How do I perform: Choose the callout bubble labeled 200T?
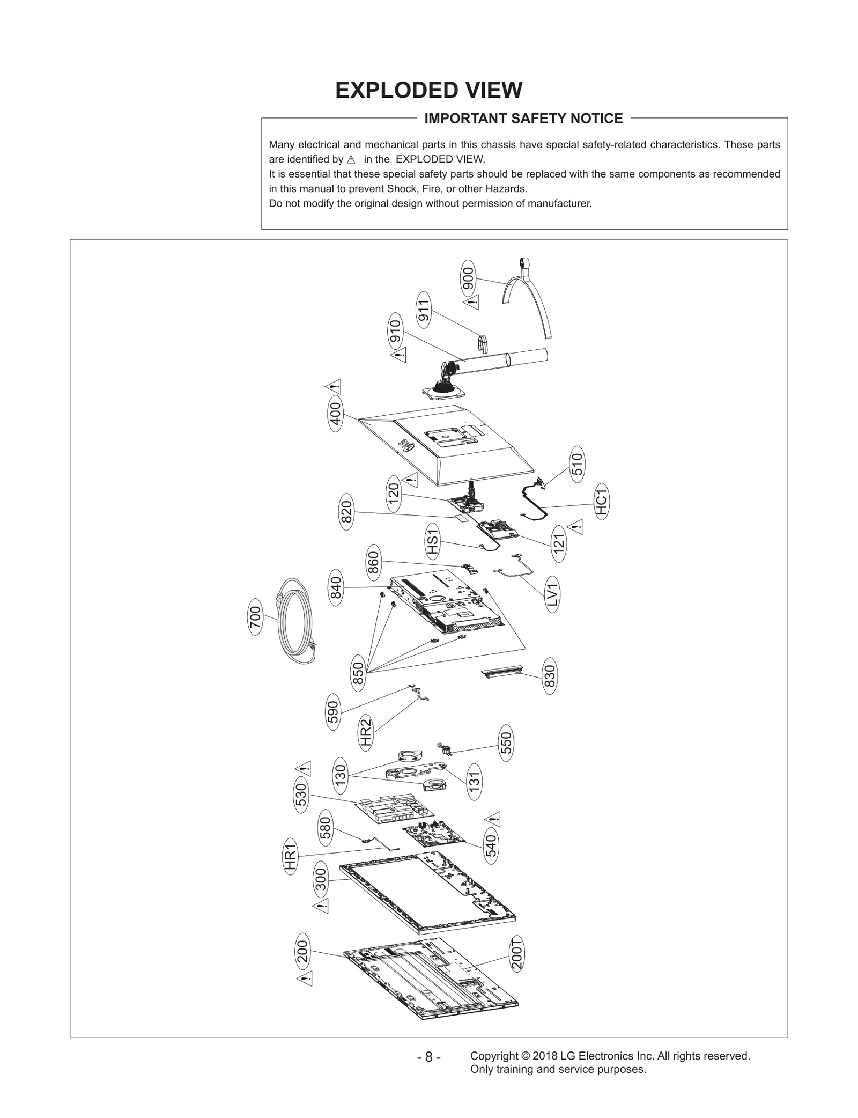pos(517,953)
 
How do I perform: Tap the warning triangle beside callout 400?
pos(334,386)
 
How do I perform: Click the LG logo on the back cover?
pos(406,444)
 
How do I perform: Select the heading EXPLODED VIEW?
pos(428,90)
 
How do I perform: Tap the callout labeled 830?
pos(550,676)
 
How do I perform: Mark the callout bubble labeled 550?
pos(506,743)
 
